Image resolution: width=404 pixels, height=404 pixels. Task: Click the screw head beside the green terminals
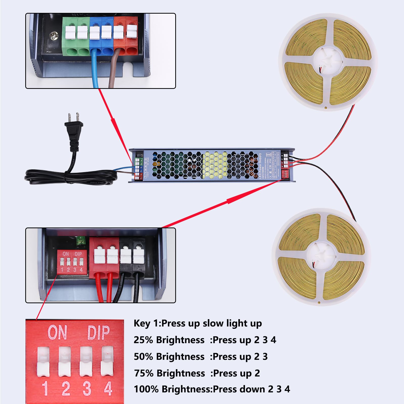[54, 35]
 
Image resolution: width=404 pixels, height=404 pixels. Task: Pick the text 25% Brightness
[169, 340]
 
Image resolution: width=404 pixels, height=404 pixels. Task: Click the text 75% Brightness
[169, 373]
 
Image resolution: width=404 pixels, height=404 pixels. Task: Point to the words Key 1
[146, 323]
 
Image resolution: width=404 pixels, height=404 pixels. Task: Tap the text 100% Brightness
[172, 389]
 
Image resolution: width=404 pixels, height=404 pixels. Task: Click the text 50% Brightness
[169, 357]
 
